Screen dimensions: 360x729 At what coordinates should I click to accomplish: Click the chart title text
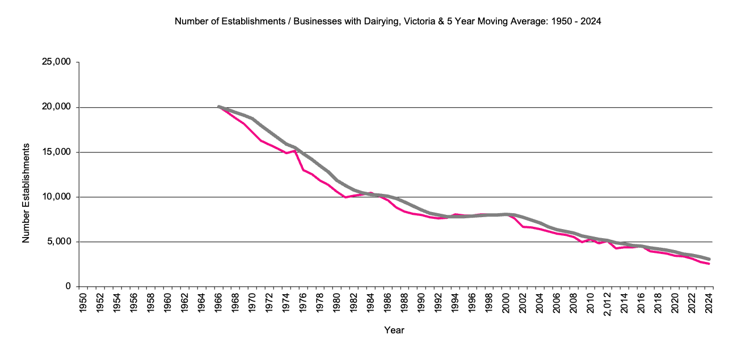[387, 22]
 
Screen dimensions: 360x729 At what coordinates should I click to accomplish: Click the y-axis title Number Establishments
[26, 193]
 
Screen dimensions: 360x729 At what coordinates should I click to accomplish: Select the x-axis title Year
[394, 330]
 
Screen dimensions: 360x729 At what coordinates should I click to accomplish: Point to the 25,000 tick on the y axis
[56, 62]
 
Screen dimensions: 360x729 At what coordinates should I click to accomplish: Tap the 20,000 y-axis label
[56, 107]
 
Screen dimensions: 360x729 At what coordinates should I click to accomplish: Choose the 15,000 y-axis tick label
[56, 152]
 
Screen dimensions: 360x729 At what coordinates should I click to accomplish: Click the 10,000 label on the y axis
[56, 197]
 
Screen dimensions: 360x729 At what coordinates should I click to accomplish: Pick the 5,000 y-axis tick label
[58, 242]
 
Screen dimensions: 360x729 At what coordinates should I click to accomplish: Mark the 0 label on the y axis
[67, 287]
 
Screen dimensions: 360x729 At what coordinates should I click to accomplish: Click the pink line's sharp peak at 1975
[295, 150]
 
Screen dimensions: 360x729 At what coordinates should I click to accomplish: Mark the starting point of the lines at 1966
[219, 107]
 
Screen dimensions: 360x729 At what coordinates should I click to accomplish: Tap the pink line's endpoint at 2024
[709, 264]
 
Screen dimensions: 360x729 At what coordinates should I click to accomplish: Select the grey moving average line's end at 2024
[709, 259]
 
